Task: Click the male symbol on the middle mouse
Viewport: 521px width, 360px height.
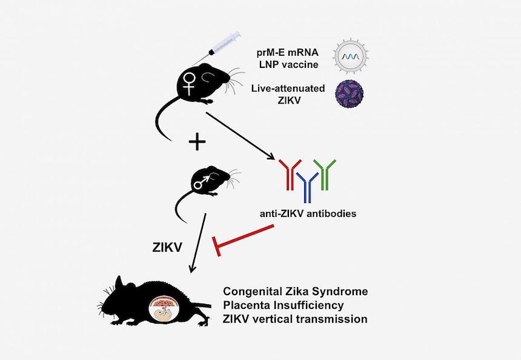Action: tap(201, 181)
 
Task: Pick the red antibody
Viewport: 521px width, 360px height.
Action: tap(289, 175)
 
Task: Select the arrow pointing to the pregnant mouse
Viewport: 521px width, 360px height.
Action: tap(199, 242)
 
